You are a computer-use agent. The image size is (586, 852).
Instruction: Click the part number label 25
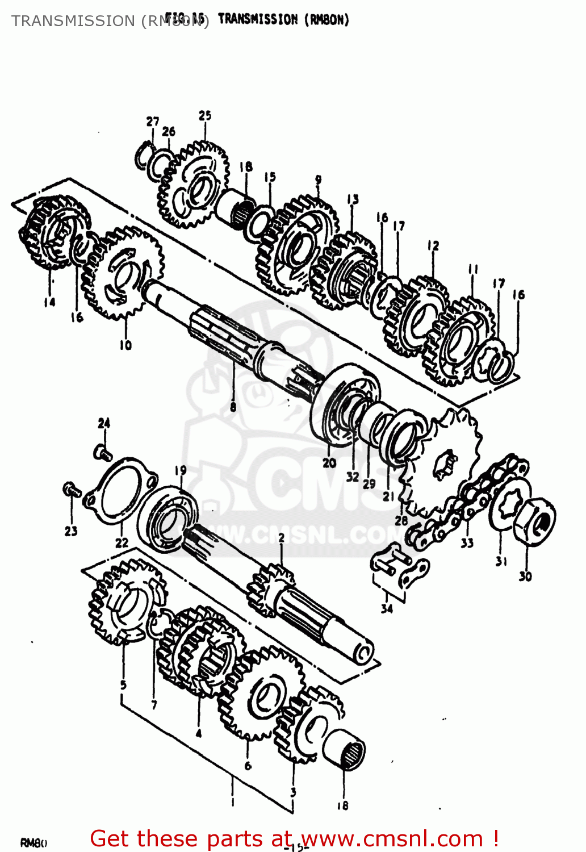pos(205,115)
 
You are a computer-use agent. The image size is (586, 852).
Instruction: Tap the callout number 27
pos(152,122)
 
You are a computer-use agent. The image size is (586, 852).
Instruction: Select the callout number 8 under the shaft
pos(233,407)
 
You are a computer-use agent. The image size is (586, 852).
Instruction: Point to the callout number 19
pos(180,470)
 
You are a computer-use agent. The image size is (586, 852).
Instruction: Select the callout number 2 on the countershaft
pos(281,537)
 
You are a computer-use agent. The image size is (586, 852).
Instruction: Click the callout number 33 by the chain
pos(467,543)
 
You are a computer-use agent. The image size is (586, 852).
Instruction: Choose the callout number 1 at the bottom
pos(232,802)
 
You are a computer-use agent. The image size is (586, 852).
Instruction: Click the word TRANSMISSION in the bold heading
pos(258,19)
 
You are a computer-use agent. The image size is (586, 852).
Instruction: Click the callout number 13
pos(353,199)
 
